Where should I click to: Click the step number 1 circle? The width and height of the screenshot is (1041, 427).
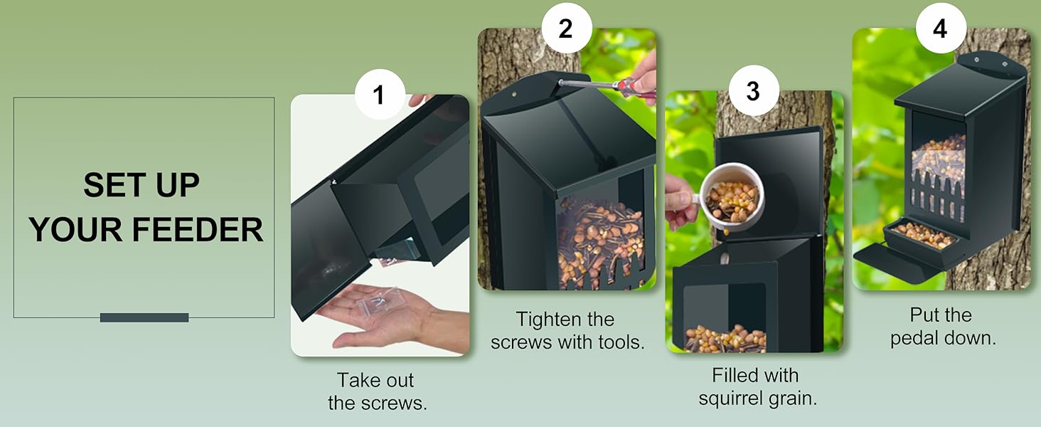click(x=379, y=95)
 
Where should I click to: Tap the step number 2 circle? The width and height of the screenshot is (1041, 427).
click(x=566, y=29)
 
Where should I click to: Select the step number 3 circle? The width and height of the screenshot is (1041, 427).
click(x=753, y=91)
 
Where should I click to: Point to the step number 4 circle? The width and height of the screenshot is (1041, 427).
click(x=941, y=29)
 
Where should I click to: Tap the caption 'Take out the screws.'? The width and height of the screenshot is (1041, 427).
click(x=377, y=391)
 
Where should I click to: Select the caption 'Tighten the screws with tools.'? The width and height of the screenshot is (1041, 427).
click(x=567, y=330)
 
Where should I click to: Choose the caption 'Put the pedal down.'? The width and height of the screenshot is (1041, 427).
click(x=942, y=326)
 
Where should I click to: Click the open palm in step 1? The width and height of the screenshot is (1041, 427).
click(x=384, y=317)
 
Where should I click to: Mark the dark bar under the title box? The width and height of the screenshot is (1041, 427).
click(x=144, y=317)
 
